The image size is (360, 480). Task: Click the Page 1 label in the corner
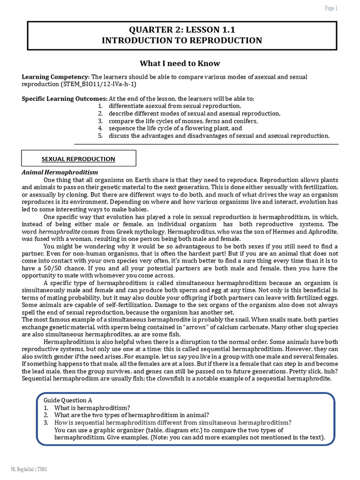pos(331,8)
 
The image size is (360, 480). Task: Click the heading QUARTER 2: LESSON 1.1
pos(182,30)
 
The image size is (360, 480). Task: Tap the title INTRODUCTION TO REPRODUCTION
pos(182,41)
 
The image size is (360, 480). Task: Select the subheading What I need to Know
pos(180,63)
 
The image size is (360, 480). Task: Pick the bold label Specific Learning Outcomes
pos(65,99)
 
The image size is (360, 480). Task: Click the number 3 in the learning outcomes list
pos(100,121)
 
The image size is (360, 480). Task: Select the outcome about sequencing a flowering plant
pos(175,128)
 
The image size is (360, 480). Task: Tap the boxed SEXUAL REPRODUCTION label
pos(79,159)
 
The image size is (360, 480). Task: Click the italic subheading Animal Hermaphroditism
pos(60,172)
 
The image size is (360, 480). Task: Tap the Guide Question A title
pos(68,400)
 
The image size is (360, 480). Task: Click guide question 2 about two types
pos(131,415)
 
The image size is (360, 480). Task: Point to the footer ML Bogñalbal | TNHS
pos(29,469)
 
